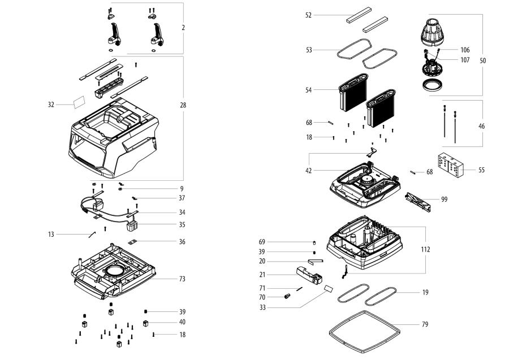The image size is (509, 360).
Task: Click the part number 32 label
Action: [x=51, y=105]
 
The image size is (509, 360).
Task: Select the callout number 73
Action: [x=182, y=279]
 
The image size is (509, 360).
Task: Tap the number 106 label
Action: [x=465, y=50]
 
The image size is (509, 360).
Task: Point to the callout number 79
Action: [x=425, y=324]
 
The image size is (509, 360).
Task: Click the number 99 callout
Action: [x=444, y=199]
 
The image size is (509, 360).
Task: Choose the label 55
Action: [x=481, y=170]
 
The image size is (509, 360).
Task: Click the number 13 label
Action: [x=51, y=234]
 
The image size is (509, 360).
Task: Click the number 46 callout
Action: [x=481, y=126]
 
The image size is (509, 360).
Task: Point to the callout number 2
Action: [x=183, y=28]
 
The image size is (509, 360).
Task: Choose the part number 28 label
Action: [x=183, y=105]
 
